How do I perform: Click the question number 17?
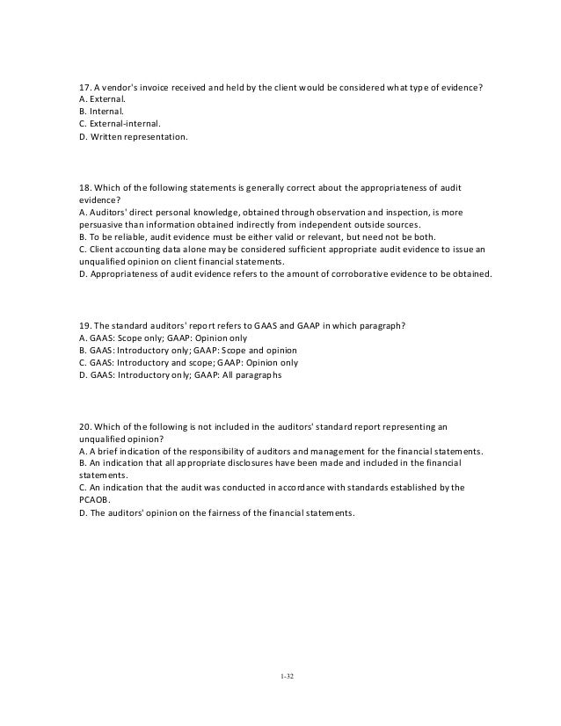(x=84, y=88)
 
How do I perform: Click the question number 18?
(x=84, y=188)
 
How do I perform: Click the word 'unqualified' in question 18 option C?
(x=103, y=262)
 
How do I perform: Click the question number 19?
(x=84, y=325)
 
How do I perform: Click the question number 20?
(x=84, y=425)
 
